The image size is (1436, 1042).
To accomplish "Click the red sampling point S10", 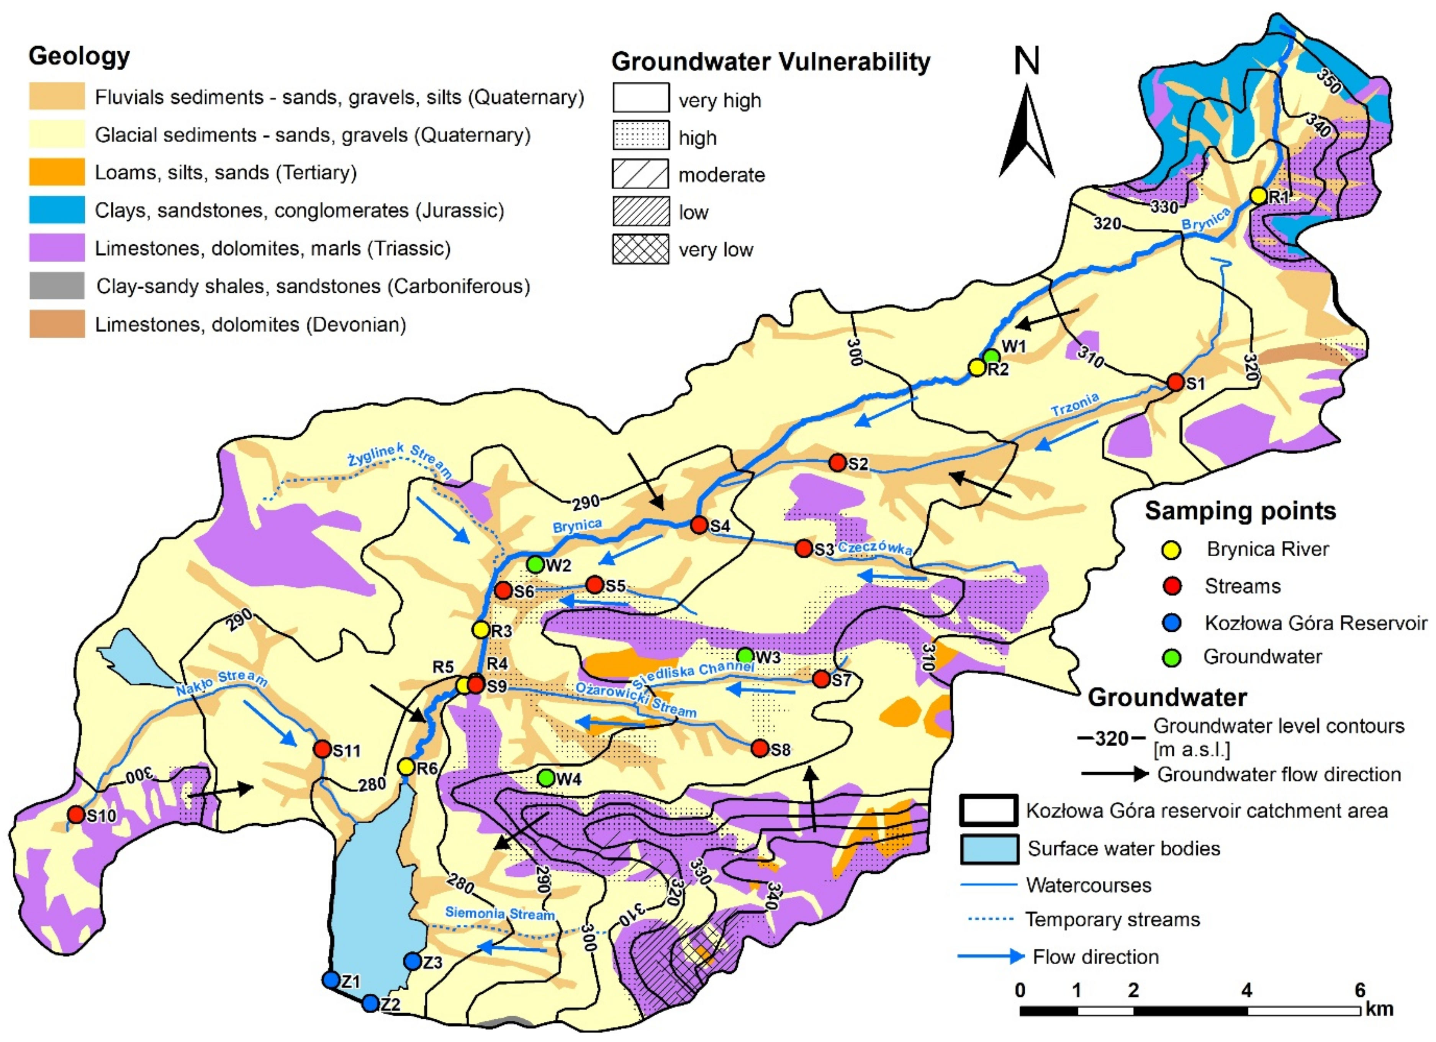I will click(76, 814).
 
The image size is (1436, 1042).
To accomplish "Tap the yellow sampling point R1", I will click(1258, 196).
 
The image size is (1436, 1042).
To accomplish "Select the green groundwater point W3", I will click(745, 655).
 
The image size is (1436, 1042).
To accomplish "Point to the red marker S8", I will click(760, 749).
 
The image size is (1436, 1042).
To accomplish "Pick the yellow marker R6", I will click(406, 767).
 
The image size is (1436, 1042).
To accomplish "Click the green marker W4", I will click(546, 777).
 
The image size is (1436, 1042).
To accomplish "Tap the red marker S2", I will click(837, 463).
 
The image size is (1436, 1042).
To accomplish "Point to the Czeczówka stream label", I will click(874, 549).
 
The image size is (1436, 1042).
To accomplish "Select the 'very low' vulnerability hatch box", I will click(640, 249).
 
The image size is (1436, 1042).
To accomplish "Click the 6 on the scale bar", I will click(1359, 990).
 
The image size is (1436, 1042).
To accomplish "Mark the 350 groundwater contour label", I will click(1328, 82).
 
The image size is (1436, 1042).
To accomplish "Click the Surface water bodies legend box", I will click(989, 849).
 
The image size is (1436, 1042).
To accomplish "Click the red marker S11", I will click(322, 749).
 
